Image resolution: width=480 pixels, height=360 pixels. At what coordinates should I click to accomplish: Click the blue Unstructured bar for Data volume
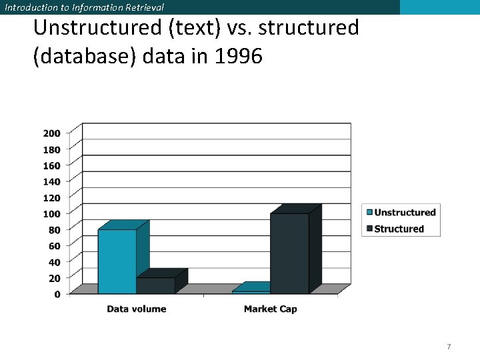117,261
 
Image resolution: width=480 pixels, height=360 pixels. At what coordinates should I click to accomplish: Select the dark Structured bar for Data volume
155,286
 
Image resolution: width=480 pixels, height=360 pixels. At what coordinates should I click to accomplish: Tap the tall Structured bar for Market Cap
289,253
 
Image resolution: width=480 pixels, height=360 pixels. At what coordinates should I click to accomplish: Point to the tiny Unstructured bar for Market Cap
251,291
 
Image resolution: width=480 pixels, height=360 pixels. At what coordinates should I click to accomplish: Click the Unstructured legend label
405,213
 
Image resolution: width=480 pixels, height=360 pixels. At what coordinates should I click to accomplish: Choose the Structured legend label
399,229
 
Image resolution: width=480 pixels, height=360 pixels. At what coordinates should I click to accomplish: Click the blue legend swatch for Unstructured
367,213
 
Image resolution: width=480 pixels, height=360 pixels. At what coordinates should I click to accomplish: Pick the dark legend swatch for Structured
367,229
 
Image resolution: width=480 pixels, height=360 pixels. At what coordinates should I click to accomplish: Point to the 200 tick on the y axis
52,133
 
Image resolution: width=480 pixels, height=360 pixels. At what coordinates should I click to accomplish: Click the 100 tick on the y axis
52,213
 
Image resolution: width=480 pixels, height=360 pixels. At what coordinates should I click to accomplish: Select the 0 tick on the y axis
57,294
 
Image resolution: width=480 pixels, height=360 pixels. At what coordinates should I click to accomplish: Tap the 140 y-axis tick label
52,181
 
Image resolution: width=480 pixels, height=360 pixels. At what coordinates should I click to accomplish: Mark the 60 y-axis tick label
54,245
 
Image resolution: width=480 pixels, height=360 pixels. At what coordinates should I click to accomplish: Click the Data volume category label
137,309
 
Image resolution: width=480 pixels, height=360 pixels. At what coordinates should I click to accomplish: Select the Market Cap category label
270,309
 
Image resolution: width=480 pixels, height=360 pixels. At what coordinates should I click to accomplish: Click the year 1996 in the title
238,57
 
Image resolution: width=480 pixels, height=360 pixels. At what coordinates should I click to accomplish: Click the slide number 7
449,347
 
